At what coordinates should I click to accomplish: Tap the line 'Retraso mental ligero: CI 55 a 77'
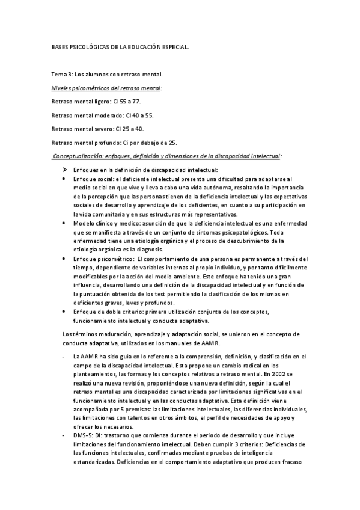(97, 102)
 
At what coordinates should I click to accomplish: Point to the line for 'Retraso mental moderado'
(103, 115)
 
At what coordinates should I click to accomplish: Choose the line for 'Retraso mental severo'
(98, 129)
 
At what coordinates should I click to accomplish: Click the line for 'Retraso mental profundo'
(114, 143)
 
